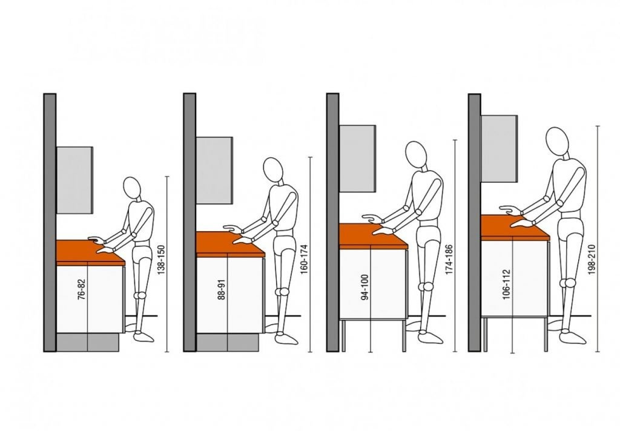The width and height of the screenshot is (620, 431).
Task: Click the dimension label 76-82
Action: pyautogui.click(x=82, y=289)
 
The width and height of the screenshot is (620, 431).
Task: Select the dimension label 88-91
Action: pyautogui.click(x=222, y=289)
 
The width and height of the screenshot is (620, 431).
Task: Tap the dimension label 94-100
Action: pyautogui.click(x=365, y=287)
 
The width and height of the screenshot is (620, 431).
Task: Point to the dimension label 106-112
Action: pyautogui.click(x=507, y=285)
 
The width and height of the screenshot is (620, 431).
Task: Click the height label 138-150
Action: pyautogui.click(x=161, y=260)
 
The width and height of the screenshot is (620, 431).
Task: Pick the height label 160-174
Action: pyautogui.click(x=304, y=260)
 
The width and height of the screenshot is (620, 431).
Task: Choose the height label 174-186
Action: pyautogui.click(x=449, y=260)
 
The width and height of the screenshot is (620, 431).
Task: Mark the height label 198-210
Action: pyautogui.click(x=592, y=260)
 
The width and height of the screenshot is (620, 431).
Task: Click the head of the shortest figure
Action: pyautogui.click(x=132, y=188)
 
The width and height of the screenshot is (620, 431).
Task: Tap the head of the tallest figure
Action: pyautogui.click(x=557, y=141)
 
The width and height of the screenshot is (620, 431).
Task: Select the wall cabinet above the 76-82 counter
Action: pyautogui.click(x=75, y=180)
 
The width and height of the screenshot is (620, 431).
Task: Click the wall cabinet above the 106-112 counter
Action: pyautogui.click(x=500, y=148)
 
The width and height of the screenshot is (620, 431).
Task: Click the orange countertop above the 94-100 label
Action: pyautogui.click(x=373, y=236)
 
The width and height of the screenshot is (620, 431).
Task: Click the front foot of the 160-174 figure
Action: pyautogui.click(x=286, y=338)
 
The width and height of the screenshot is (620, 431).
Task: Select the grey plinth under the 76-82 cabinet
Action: pyautogui.click(x=88, y=342)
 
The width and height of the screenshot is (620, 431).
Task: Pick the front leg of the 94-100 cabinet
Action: pyautogui.click(x=404, y=336)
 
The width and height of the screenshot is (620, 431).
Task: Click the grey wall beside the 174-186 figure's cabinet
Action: pyautogui.click(x=332, y=222)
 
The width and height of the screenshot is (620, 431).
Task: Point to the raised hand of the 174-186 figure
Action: pyautogui.click(x=372, y=218)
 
